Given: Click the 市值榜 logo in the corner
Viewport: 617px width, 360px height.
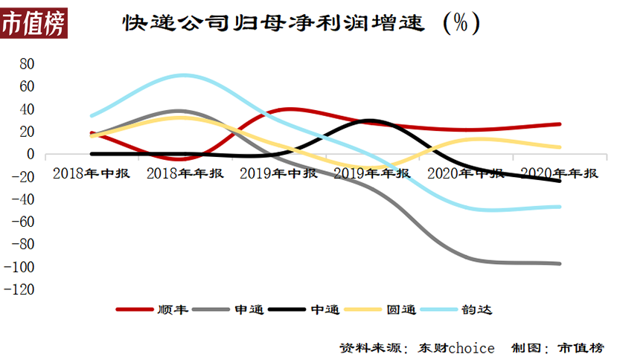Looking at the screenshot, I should [34, 22].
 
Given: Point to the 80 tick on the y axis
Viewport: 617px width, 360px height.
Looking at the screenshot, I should [27, 64].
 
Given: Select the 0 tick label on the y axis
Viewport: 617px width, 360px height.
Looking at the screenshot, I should [31, 155].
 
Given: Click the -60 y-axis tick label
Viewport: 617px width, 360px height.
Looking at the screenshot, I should [24, 222].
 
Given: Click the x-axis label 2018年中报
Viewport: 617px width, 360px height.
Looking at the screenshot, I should [92, 173].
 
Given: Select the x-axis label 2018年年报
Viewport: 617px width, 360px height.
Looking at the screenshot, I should [185, 173].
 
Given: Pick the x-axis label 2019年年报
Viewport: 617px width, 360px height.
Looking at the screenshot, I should [372, 173].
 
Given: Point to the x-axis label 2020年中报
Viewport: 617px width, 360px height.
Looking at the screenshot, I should [466, 173].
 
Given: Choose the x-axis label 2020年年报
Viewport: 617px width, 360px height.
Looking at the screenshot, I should [560, 173].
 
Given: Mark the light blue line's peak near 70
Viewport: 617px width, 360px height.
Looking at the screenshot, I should [183, 75].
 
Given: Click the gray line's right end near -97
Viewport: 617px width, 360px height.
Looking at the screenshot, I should [560, 263].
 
